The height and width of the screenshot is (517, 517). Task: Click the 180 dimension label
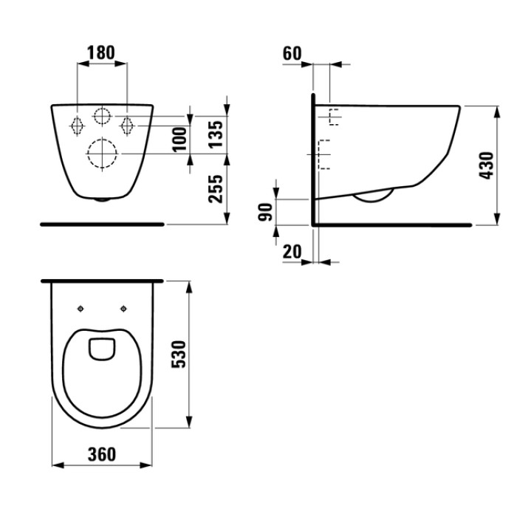click(x=101, y=52)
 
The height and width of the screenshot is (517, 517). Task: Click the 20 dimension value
click(x=292, y=252)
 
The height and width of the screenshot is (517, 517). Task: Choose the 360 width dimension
click(x=101, y=453)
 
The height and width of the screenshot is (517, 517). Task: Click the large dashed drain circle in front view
click(x=103, y=153)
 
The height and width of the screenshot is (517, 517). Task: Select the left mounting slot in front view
click(x=78, y=125)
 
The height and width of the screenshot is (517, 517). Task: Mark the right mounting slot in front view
click(x=128, y=125)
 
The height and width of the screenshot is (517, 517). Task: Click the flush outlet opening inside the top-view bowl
click(x=102, y=348)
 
